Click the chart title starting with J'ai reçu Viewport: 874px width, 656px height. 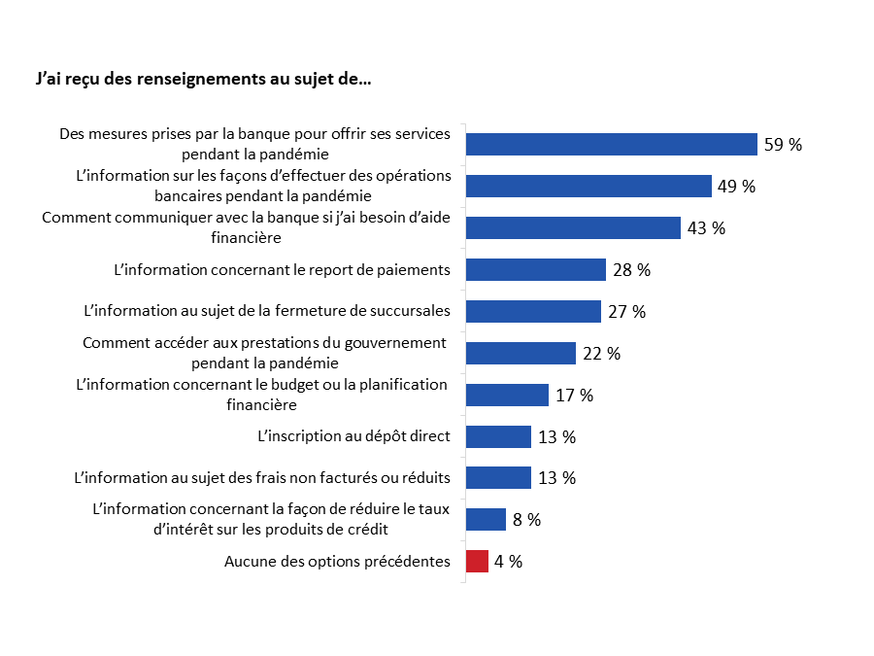(x=202, y=80)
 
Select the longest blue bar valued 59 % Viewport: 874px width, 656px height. (x=611, y=144)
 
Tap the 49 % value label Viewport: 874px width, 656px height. (x=735, y=187)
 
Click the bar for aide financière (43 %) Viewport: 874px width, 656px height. (x=573, y=227)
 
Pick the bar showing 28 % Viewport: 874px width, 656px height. (x=536, y=269)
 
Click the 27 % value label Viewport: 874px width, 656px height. (x=626, y=312)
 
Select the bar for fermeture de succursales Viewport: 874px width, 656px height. (x=533, y=311)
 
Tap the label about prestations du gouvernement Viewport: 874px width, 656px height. (x=264, y=352)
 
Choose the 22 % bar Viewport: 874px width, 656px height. (x=521, y=353)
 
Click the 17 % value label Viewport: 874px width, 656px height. (x=573, y=396)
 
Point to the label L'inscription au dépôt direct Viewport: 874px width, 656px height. (x=353, y=436)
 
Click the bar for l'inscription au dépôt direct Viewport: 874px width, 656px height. (x=498, y=436)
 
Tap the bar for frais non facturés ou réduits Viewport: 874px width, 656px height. (x=498, y=477)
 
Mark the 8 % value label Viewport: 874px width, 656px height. (x=526, y=520)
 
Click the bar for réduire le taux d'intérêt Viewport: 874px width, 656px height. (x=486, y=519)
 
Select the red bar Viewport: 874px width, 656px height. (x=477, y=561)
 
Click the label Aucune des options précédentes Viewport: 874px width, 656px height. (x=337, y=561)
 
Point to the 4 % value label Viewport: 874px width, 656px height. (x=508, y=562)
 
